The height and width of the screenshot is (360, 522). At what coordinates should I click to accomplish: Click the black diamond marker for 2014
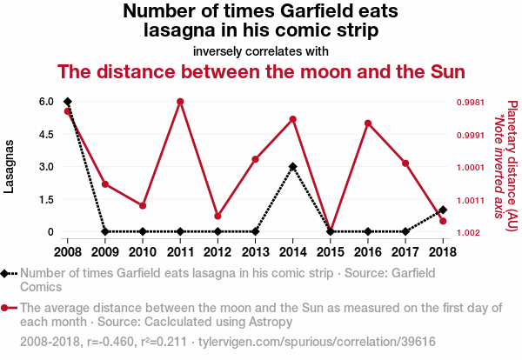click(293, 166)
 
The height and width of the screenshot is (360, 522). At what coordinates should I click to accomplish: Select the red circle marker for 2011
click(180, 102)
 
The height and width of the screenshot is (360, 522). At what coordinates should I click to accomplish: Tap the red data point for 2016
click(368, 123)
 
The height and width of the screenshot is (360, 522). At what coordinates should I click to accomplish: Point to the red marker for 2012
click(217, 216)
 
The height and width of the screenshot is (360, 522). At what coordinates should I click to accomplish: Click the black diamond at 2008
click(68, 102)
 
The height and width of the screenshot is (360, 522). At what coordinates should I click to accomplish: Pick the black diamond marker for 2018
click(443, 210)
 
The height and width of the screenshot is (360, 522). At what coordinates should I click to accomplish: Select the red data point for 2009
click(105, 184)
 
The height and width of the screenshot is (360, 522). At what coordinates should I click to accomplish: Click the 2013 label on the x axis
click(255, 252)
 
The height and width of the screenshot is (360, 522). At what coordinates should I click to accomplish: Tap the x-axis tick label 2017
click(405, 252)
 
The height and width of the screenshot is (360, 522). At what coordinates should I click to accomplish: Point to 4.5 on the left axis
click(46, 134)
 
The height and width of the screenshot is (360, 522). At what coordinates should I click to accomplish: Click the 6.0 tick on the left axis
click(46, 102)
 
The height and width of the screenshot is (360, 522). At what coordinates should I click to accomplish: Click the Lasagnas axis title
click(10, 165)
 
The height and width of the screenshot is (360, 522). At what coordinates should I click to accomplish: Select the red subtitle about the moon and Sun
click(261, 71)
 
